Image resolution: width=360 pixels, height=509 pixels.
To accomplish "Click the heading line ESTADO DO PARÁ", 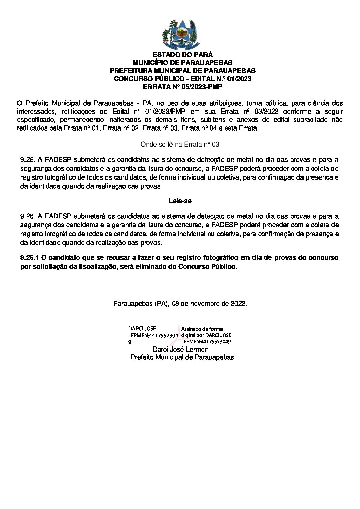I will (x=182, y=55).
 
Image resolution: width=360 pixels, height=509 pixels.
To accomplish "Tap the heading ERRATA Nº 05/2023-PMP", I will (x=182, y=87).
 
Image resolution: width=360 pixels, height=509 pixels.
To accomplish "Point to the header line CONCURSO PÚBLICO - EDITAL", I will (x=182, y=79).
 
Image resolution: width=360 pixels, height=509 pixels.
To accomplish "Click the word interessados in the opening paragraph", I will (x=33, y=112).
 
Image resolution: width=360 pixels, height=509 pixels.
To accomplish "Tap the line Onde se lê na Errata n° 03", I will (x=180, y=144).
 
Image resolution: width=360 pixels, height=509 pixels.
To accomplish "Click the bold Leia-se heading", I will (x=180, y=201).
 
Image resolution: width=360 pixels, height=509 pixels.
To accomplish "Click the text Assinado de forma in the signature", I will (x=202, y=329).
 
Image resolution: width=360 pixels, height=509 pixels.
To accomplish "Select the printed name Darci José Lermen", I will (x=180, y=349).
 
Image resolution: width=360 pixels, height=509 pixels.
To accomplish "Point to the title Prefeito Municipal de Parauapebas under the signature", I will (x=182, y=357).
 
